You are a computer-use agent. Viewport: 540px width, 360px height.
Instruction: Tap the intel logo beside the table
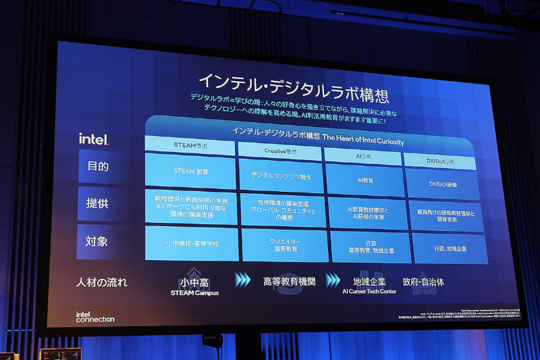[x=93, y=139]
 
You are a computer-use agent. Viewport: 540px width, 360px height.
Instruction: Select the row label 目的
[x=97, y=166]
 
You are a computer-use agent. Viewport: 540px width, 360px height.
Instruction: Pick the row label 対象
[x=97, y=241]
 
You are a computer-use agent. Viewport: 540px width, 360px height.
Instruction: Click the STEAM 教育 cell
[x=190, y=171]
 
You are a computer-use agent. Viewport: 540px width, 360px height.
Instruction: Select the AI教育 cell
[x=364, y=180]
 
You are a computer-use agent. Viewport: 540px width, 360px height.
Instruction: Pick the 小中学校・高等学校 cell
[x=191, y=243]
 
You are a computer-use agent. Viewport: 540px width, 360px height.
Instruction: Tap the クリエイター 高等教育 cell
[x=285, y=245]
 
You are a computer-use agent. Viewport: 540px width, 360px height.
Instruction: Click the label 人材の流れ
[x=102, y=282]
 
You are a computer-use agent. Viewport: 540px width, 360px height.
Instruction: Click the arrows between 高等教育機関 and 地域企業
[x=333, y=280]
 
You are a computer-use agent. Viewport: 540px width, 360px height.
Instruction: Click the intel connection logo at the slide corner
[x=94, y=317]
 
